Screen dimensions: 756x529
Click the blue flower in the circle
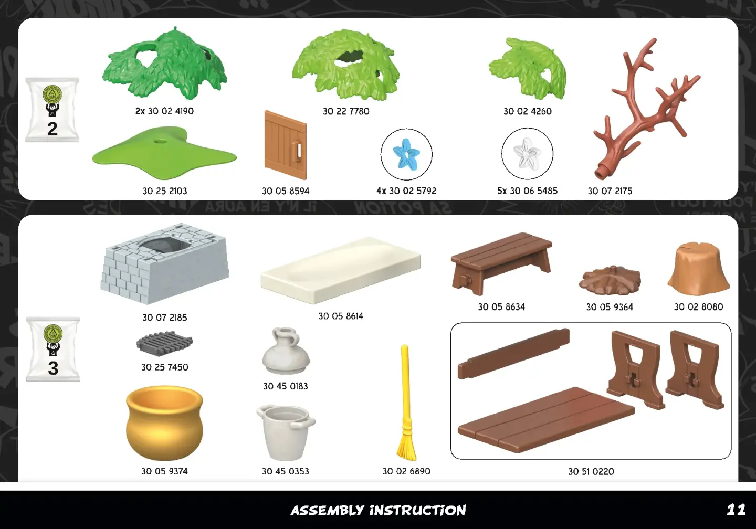pos(406,153)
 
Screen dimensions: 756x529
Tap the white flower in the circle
pos(527,153)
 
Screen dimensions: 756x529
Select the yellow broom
pos(406,403)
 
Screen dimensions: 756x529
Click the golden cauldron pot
pos(164,423)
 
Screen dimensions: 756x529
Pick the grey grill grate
pos(164,343)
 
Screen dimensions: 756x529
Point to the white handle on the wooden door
pos(298,150)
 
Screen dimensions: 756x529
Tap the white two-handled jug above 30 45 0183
pos(286,351)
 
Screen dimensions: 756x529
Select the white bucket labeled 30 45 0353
pos(286,432)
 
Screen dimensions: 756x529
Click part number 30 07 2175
pos(610,191)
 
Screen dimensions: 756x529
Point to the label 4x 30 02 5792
pos(406,191)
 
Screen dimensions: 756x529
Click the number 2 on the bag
pos(52,129)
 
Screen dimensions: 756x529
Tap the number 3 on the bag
pos(53,368)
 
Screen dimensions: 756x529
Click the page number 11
pos(736,510)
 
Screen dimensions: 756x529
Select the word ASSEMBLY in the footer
pos(328,511)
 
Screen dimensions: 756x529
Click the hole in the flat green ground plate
pos(159,141)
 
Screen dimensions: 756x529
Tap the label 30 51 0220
pos(591,471)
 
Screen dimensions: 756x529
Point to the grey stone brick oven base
pos(164,263)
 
